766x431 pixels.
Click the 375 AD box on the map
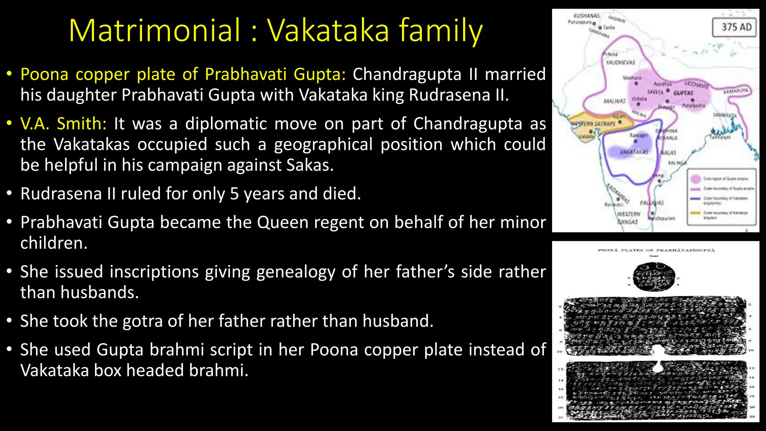tap(734, 27)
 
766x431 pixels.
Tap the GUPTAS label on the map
tap(683, 93)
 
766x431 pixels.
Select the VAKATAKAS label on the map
tap(634, 152)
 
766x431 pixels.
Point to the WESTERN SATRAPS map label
tap(592, 123)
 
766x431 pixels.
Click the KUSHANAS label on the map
tap(586, 16)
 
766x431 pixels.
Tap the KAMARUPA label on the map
tap(735, 91)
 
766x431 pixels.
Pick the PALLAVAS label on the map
tap(652, 203)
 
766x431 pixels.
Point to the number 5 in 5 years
tap(234, 194)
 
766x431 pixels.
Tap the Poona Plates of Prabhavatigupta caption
tap(656, 250)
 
